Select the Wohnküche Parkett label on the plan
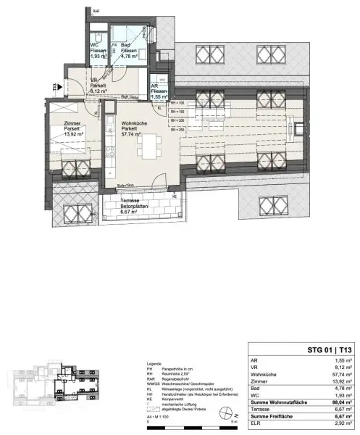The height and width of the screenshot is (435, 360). [133, 129]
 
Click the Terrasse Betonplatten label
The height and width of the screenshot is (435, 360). [132, 207]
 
